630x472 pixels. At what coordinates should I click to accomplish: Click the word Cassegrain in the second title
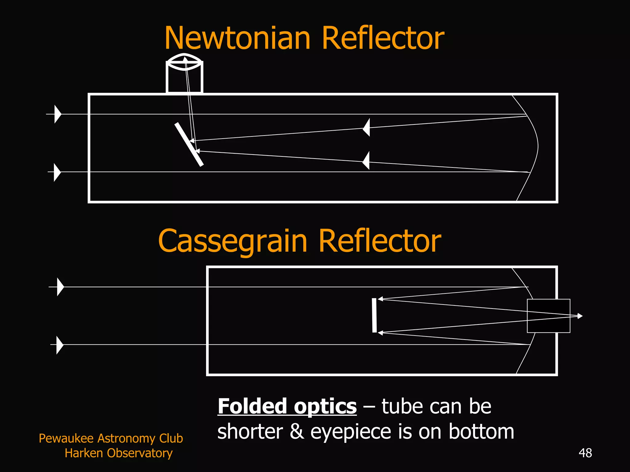click(x=232, y=241)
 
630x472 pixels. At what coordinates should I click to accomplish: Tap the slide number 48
click(x=585, y=453)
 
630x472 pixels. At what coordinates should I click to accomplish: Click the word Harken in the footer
click(x=83, y=453)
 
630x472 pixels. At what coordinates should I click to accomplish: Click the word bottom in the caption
click(x=481, y=431)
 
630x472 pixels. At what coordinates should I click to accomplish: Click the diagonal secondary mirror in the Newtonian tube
click(x=189, y=144)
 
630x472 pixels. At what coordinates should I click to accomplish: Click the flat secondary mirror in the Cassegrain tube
click(x=374, y=315)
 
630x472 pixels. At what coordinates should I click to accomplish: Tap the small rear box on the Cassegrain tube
click(x=548, y=316)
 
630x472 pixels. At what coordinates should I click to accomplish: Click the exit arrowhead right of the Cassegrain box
click(x=580, y=316)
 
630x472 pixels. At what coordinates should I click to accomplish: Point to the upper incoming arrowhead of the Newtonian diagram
click(x=58, y=114)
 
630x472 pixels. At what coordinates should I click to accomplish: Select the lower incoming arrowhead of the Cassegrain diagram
click(x=60, y=345)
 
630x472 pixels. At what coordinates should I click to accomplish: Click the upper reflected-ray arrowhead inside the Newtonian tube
click(x=366, y=127)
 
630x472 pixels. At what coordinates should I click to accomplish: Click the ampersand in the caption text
click(x=297, y=431)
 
